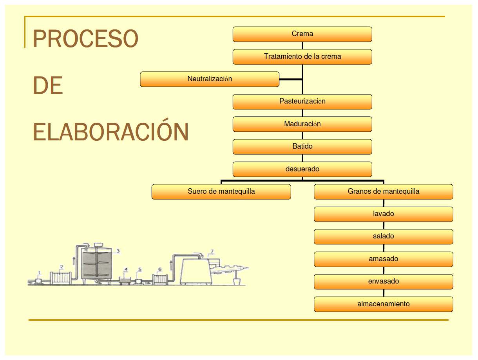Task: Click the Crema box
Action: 302,34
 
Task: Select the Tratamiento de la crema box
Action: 302,56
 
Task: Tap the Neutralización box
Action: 210,79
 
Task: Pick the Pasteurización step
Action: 302,102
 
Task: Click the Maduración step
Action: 302,124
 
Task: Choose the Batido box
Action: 302,147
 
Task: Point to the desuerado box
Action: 302,169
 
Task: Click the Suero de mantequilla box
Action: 221,192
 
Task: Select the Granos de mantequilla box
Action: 383,192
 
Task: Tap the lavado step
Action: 383,214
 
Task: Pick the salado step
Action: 383,236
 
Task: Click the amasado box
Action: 383,259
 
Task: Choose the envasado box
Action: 383,282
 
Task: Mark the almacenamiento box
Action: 383,304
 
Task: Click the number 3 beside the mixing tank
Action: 118,251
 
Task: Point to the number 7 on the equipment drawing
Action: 212,251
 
